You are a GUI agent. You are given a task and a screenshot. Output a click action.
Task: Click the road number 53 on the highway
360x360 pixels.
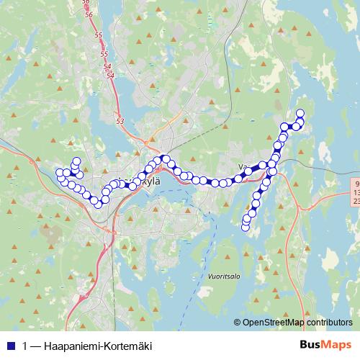[120, 120]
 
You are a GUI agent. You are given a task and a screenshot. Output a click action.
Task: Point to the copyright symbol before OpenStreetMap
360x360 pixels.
[238, 323]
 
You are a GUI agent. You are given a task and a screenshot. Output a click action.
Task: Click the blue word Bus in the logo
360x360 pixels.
[310, 345]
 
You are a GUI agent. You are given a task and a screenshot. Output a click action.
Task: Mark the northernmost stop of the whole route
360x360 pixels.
[300, 112]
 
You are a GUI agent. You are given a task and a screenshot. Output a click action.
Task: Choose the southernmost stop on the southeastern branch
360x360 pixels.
[245, 228]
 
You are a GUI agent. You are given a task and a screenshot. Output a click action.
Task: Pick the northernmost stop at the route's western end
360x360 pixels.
[76, 161]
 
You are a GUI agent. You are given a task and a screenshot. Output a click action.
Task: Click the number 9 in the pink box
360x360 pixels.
[358, 184]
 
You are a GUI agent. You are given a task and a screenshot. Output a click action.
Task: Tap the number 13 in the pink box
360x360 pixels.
[356, 193]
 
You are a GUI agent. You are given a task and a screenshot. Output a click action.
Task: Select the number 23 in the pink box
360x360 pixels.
[356, 202]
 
